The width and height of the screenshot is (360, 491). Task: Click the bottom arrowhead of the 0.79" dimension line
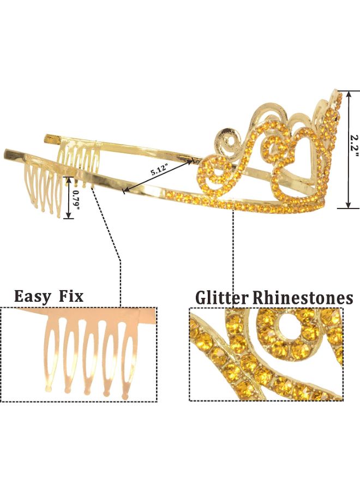tap(68, 217)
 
